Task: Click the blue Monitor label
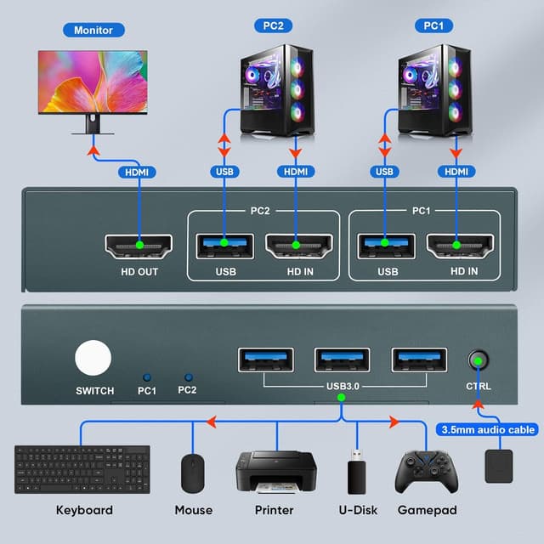[93, 30]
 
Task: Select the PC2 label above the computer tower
[271, 25]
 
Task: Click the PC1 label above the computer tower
[433, 25]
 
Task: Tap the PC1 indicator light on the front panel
[148, 376]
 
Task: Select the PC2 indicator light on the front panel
[187, 376]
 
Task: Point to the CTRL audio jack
[479, 360]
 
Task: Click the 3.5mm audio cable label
[487, 430]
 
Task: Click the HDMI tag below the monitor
[137, 172]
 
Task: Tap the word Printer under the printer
[275, 510]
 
